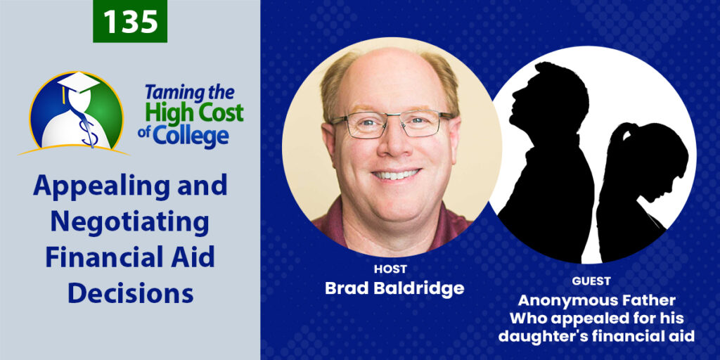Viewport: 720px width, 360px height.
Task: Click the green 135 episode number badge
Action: pyautogui.click(x=130, y=21)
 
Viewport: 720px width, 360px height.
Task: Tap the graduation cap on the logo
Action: pyautogui.click(x=77, y=84)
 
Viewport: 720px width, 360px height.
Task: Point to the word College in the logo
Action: pyautogui.click(x=191, y=136)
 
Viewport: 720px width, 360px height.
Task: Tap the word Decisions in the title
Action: pyautogui.click(x=130, y=293)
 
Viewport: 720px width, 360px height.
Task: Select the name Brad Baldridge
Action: pyautogui.click(x=394, y=288)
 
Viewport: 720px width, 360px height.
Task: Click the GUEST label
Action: pyautogui.click(x=591, y=281)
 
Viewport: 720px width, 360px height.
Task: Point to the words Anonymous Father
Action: pyautogui.click(x=596, y=301)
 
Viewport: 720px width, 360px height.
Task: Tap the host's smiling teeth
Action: pyautogui.click(x=396, y=175)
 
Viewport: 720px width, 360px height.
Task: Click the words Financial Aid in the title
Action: pyautogui.click(x=130, y=257)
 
